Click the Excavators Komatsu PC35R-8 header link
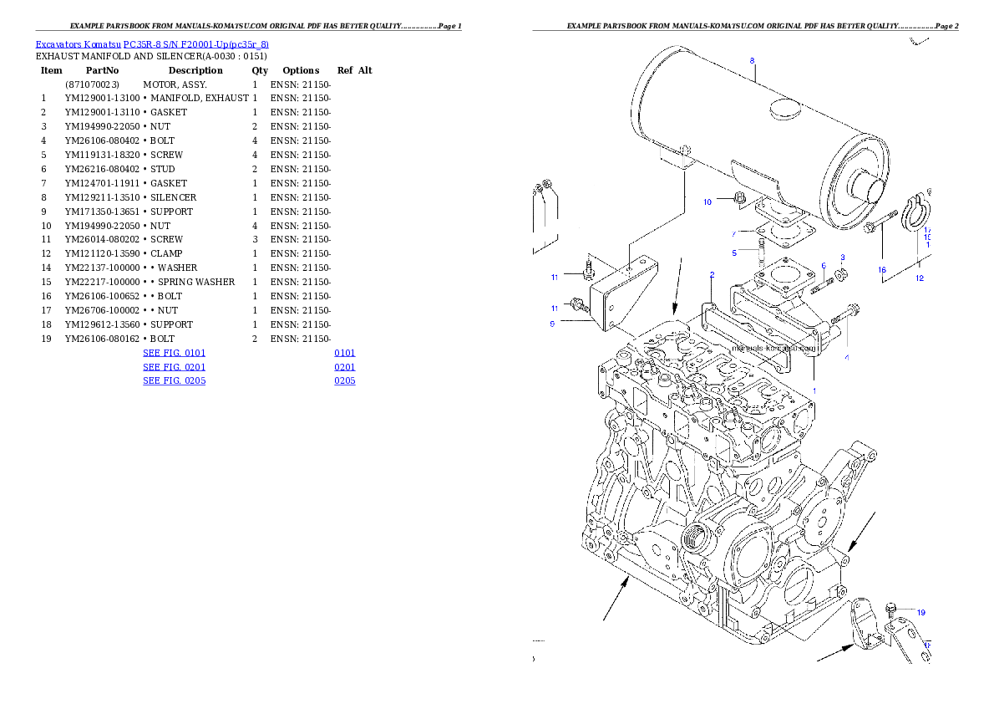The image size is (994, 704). click(152, 44)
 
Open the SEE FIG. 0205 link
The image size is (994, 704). click(174, 380)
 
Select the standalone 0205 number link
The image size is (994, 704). click(345, 380)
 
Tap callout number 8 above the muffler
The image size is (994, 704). click(752, 60)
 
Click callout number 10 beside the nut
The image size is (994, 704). click(707, 202)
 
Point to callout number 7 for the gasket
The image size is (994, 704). click(734, 233)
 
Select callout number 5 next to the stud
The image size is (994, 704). click(734, 252)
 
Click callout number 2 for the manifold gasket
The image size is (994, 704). click(712, 274)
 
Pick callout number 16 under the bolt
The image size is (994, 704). click(881, 270)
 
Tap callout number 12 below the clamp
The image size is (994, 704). click(920, 278)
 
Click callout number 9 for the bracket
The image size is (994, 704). click(552, 324)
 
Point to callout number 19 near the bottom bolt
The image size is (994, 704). click(920, 612)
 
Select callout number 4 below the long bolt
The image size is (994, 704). click(846, 357)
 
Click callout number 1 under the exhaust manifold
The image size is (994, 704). click(814, 390)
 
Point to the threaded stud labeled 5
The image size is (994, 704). click(761, 249)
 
